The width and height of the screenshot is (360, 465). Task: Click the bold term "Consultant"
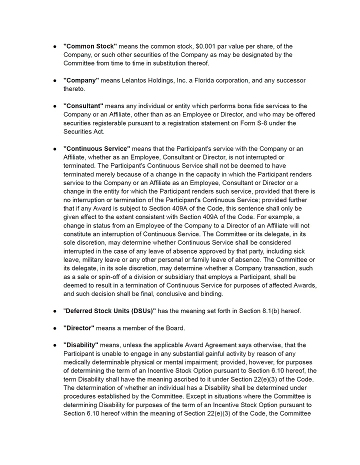tap(83, 106)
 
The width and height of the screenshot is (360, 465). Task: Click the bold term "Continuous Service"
tap(97, 149)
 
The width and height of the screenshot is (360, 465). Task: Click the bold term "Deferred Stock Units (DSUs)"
tap(110, 311)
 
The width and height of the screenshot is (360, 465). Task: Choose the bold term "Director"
tap(79, 328)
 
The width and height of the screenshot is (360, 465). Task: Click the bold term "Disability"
tap(81, 345)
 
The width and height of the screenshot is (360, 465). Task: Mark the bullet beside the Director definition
tap(54, 328)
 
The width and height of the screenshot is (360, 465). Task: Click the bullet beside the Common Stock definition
tap(54, 46)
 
